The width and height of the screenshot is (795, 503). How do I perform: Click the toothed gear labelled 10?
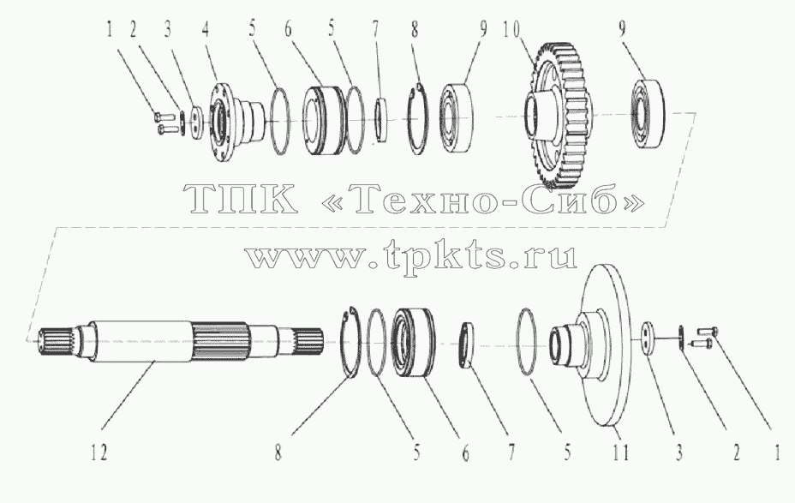(x=557, y=114)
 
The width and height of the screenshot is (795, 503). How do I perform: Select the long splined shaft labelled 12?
(x=181, y=341)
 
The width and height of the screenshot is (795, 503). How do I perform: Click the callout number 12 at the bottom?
(x=99, y=452)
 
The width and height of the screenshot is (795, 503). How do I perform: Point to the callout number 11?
(x=620, y=452)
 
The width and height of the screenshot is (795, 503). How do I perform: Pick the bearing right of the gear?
(x=649, y=114)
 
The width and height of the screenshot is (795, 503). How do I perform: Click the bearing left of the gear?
(x=457, y=117)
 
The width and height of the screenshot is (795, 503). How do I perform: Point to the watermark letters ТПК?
(x=241, y=199)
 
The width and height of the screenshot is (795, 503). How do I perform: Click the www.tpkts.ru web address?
(x=412, y=255)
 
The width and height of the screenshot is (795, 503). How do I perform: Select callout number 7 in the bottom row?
(x=511, y=452)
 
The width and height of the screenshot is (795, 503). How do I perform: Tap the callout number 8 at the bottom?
(x=278, y=452)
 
